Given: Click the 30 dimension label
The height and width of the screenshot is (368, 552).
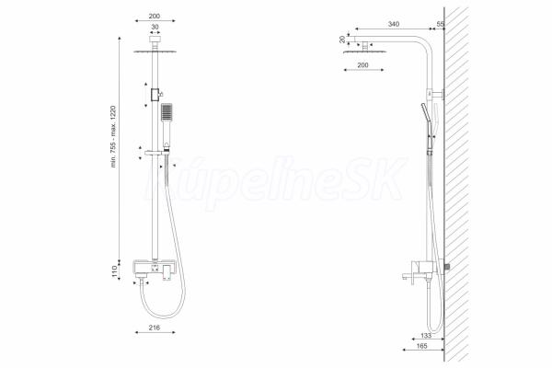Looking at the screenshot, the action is click(x=155, y=27).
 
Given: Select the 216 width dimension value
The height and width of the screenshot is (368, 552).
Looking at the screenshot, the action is click(x=155, y=328).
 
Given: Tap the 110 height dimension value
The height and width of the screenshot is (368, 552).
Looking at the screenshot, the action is click(x=114, y=271).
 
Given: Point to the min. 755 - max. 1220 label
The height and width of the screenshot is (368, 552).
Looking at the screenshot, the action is click(x=113, y=136).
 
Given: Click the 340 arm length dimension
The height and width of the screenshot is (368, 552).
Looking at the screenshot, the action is click(x=394, y=24).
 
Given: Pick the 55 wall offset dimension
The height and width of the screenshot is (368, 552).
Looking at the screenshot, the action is click(x=440, y=24).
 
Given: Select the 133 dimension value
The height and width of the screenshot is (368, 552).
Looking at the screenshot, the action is click(x=426, y=336).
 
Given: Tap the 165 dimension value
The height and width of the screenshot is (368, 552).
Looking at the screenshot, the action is click(x=421, y=346).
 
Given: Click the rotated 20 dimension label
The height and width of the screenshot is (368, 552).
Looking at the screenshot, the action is click(x=342, y=40).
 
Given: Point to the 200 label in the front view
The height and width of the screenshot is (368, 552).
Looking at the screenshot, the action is click(x=155, y=16).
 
